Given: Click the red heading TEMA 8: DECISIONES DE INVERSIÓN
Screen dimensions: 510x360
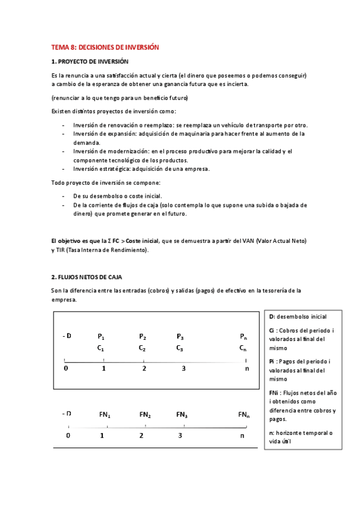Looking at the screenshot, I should (105, 47).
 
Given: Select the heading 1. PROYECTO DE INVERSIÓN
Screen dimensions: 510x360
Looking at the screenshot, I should (90, 62).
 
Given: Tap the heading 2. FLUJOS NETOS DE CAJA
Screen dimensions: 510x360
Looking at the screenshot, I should (87, 277).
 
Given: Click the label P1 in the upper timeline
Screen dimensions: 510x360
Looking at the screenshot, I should (101, 336).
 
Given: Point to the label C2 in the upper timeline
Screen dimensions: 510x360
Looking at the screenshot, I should (142, 348).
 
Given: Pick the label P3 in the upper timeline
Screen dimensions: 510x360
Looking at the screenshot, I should (180, 336).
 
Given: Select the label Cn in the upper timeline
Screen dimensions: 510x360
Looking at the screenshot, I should (243, 348).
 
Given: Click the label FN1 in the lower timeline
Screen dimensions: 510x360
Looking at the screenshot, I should (105, 414).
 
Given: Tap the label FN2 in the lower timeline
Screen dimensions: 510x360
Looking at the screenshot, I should (145, 414).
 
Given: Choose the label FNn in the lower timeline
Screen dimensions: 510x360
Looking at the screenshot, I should (243, 414).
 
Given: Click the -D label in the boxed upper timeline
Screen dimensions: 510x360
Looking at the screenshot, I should (67, 336).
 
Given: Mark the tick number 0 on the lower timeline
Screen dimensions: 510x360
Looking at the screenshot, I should (68, 435).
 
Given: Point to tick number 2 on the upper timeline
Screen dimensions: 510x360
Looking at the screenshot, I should (144, 368).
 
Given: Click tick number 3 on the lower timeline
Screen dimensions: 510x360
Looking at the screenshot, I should (180, 435).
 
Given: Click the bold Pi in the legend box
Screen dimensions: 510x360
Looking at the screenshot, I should (272, 361).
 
